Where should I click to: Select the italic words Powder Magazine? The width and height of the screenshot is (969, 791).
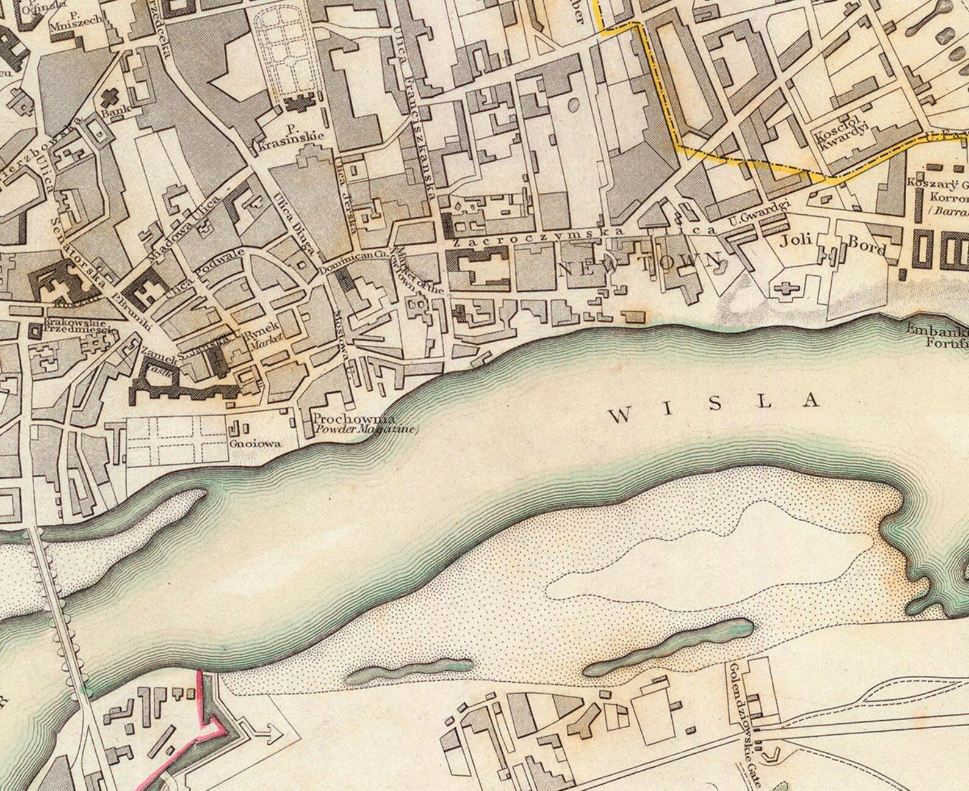click(x=365, y=430)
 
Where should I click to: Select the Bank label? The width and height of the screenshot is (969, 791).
click(x=112, y=112)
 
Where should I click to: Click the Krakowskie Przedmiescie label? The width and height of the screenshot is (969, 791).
click(x=75, y=326)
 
